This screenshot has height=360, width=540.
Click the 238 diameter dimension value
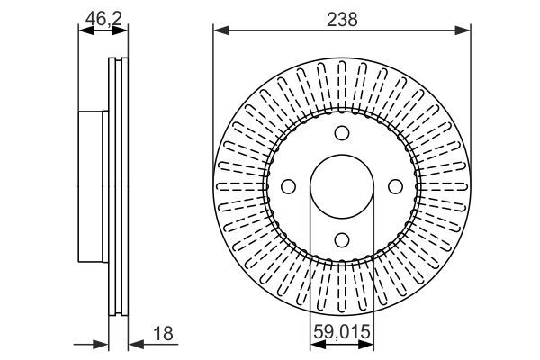(342, 19)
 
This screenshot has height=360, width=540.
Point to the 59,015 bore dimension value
(342, 331)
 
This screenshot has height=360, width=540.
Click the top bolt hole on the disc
(342, 134)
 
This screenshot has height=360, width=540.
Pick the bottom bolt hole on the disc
(342, 239)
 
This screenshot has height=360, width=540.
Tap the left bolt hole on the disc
(289, 186)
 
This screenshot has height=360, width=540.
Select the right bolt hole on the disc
(394, 186)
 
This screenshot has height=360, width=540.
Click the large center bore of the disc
(342, 186)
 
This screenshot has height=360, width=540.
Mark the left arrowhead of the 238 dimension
(219, 31)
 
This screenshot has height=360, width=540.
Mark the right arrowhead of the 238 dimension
(465, 31)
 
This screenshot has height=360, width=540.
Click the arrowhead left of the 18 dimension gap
(103, 344)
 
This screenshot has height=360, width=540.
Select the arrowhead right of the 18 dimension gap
(133, 344)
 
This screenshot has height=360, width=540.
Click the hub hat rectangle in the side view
(94, 186)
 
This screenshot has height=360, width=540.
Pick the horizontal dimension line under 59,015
(342, 344)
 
